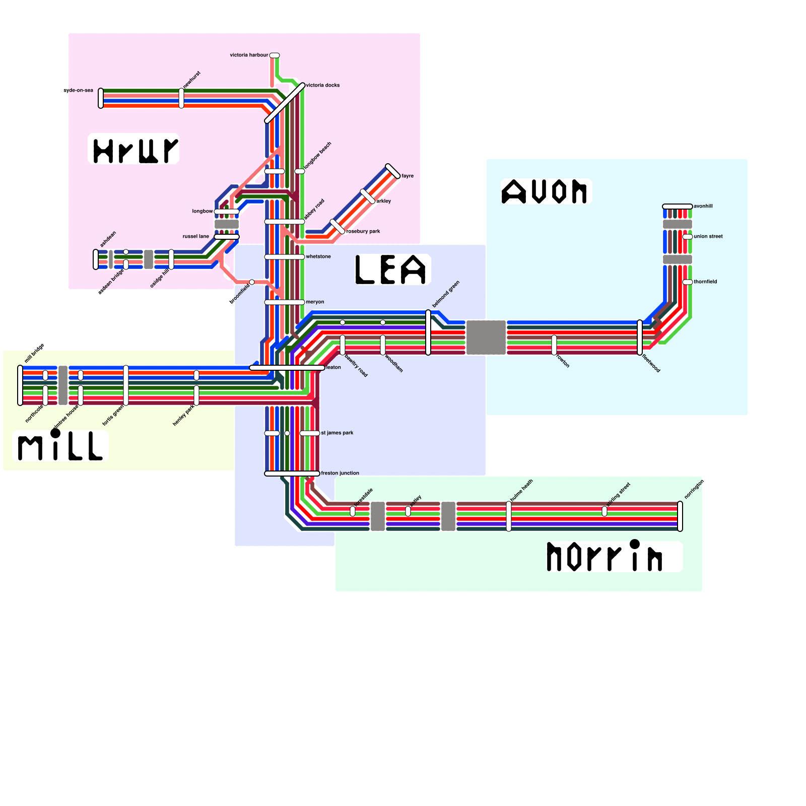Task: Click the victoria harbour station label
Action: point(249,55)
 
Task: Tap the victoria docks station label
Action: point(323,85)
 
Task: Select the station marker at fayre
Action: point(393,171)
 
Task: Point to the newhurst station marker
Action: point(181,98)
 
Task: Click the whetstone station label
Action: point(318,256)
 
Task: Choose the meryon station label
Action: point(315,302)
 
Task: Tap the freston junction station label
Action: point(340,473)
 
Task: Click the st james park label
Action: point(337,433)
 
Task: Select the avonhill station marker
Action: point(678,207)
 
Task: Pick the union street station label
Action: point(708,236)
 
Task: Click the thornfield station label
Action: point(705,282)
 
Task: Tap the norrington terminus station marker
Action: point(680,516)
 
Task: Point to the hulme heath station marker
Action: point(509,516)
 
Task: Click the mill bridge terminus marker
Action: point(20,385)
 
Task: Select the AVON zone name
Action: point(546,192)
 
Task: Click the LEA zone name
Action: point(392,270)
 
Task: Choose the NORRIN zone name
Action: point(605,557)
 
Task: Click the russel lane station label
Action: point(196,236)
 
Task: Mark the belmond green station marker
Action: point(428,332)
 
